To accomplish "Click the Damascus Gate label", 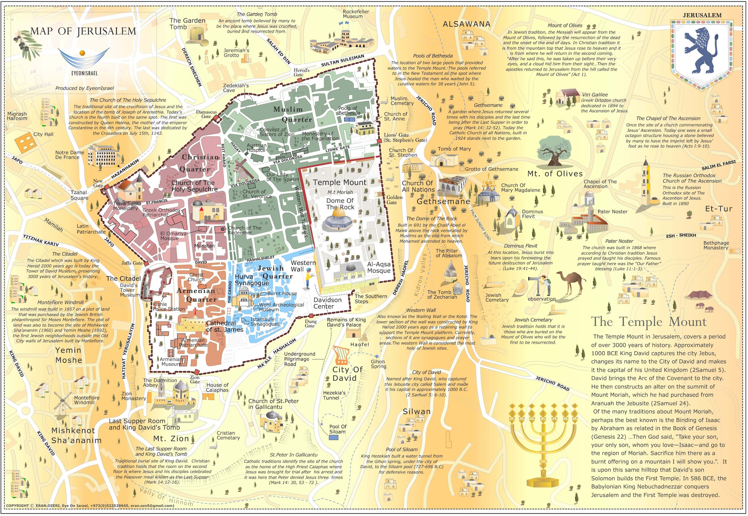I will coord(207,114).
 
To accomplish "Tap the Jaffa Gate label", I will coord(132,263).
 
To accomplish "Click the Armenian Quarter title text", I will coord(196,295).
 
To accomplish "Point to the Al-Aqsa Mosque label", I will coord(379,267).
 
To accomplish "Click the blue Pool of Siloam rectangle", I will coord(333,438).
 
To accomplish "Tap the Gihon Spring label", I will coord(378,364).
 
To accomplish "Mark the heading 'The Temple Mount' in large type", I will coord(648,322).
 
